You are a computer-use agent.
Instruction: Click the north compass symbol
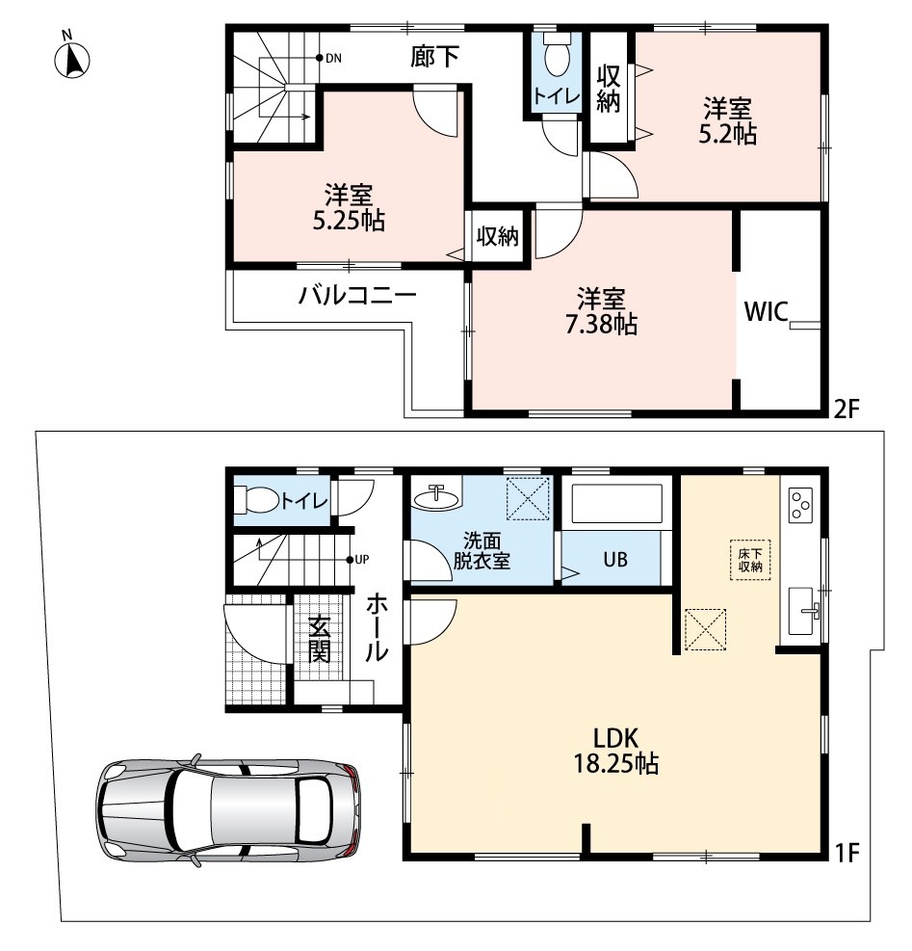(72, 59)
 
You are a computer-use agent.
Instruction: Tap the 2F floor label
(847, 410)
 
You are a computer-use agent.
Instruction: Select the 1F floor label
(847, 854)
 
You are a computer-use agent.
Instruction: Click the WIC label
(767, 312)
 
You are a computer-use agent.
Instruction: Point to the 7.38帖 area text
(601, 325)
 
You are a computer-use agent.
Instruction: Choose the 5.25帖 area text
(349, 221)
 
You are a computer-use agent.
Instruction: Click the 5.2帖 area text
(728, 134)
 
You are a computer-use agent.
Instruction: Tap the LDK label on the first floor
(615, 738)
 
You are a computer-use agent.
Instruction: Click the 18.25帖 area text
(616, 763)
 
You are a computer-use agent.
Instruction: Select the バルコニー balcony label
(357, 296)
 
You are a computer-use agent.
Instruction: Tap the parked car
(228, 810)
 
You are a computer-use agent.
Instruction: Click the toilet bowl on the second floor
(556, 55)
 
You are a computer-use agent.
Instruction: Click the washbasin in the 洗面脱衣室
(436, 498)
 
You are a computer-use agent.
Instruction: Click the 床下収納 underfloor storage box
(751, 561)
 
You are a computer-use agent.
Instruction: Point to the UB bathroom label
(615, 559)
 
